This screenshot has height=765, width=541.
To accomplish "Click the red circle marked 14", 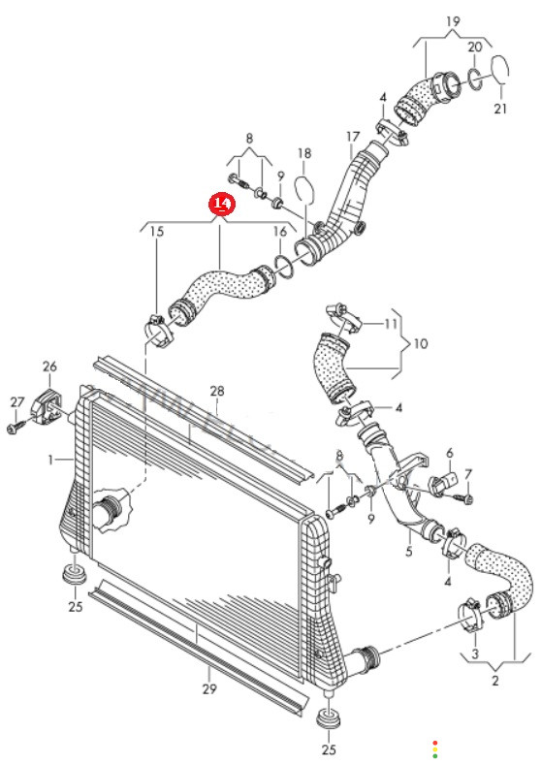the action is coord(222,204).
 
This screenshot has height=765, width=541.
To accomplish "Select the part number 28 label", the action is coord(217,391).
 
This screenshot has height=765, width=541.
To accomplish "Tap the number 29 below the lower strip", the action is coord(209,688).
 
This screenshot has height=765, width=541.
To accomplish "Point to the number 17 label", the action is coord(353,137).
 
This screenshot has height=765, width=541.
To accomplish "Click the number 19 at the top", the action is coord(453,21).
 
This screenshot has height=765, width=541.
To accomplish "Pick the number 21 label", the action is coord(501,109).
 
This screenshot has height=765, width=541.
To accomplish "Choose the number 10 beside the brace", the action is coord(421,343).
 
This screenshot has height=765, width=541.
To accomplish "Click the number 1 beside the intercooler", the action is coord(50,460).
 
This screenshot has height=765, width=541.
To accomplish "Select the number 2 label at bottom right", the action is coord(495,681).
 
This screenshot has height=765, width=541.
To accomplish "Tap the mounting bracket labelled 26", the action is coord(48,405).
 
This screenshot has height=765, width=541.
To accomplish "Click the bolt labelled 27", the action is coord(15,428).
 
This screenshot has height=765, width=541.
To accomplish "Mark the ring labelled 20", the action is coord(476,80).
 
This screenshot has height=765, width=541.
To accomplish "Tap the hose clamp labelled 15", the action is coord(159,331).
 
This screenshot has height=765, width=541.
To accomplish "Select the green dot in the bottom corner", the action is coord(435,756).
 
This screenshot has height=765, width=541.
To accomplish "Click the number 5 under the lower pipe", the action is coord(409,552).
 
